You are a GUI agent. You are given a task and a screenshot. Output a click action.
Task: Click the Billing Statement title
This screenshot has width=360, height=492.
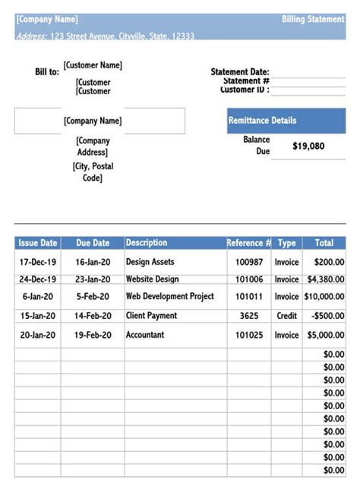(x=313, y=19)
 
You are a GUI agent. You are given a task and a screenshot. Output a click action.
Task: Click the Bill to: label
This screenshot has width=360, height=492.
(x=46, y=72)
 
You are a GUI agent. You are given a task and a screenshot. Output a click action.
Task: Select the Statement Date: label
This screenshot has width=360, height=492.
(x=240, y=72)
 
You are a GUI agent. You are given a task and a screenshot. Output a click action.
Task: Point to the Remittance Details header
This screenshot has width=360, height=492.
(x=262, y=121)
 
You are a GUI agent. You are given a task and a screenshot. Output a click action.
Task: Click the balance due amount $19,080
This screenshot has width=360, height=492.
(x=308, y=146)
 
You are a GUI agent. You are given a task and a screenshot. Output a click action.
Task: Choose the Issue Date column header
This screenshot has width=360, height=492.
(x=38, y=243)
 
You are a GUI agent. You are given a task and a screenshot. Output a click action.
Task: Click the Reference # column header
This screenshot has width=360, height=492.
(x=248, y=243)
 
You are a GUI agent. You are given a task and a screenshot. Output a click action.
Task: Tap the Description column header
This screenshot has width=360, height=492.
(x=147, y=243)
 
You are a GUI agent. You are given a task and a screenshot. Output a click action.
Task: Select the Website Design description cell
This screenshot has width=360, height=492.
(x=152, y=279)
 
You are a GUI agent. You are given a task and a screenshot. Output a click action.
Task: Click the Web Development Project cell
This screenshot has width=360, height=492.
(x=170, y=297)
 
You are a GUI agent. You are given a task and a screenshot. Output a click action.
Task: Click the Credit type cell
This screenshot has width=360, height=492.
(x=286, y=316)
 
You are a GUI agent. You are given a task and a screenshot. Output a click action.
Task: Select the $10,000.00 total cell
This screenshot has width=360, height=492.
(x=324, y=297)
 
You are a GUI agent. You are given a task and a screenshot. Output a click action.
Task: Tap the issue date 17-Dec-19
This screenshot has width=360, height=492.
(x=38, y=262)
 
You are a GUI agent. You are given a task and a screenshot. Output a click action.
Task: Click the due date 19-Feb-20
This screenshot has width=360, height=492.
(x=93, y=335)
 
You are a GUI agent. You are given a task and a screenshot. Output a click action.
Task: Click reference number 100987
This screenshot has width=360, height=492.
(x=249, y=262)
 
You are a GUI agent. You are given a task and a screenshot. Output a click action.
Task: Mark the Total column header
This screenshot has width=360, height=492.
(x=324, y=243)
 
